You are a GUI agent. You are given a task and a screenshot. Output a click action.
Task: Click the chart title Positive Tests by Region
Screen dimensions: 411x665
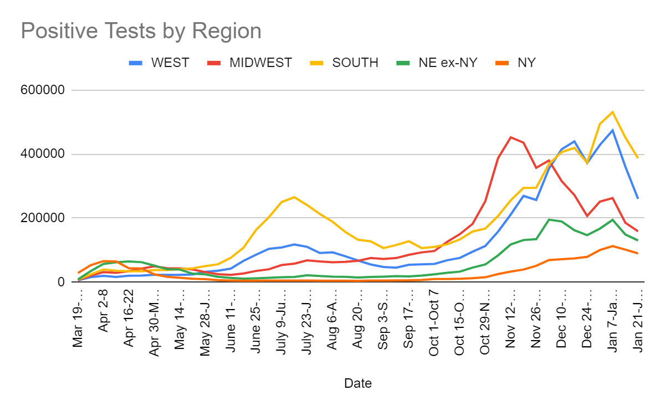141,31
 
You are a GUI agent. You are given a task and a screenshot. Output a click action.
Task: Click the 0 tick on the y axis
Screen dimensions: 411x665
61,282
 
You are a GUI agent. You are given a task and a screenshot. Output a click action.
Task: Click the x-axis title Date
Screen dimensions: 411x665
358,383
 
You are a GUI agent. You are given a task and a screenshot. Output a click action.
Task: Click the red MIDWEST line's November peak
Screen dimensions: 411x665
510,137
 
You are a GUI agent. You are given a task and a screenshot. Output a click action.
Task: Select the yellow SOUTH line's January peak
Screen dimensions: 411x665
612,112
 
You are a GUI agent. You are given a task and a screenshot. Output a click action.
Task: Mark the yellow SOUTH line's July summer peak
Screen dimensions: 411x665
294,197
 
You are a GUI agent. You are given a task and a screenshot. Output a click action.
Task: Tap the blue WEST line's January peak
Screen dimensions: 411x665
612,130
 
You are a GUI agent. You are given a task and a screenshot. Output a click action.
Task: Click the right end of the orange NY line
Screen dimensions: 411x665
638,253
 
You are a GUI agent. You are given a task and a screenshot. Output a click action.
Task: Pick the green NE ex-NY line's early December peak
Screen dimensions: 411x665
549,219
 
